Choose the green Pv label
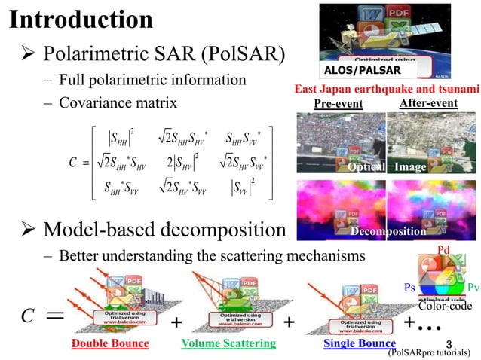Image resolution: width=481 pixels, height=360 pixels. point(473,288)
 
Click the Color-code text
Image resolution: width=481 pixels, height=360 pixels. point(445,307)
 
